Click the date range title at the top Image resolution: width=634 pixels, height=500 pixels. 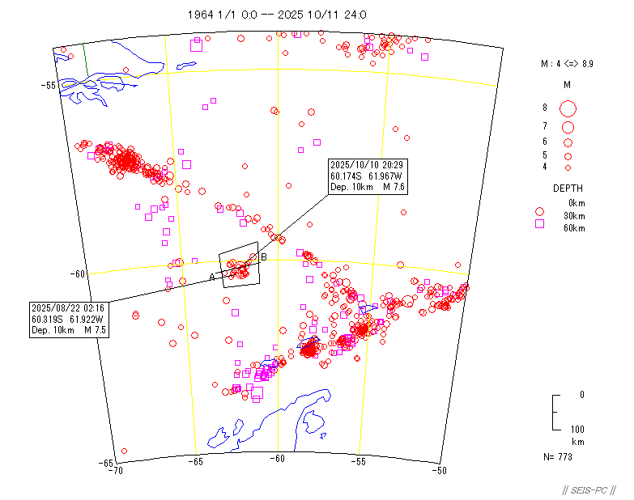coord(277,15)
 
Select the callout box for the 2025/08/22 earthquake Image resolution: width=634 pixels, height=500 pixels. coord(68,318)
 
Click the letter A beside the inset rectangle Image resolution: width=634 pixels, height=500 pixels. coord(212,278)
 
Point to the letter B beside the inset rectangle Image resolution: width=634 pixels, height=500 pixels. coord(263,257)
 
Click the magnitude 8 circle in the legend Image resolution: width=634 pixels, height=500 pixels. coord(568,108)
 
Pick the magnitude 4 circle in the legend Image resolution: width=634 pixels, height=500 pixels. coord(568,167)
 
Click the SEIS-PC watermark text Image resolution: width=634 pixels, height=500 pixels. coord(589,490)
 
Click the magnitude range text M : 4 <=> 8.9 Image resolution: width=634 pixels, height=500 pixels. coord(567,63)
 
